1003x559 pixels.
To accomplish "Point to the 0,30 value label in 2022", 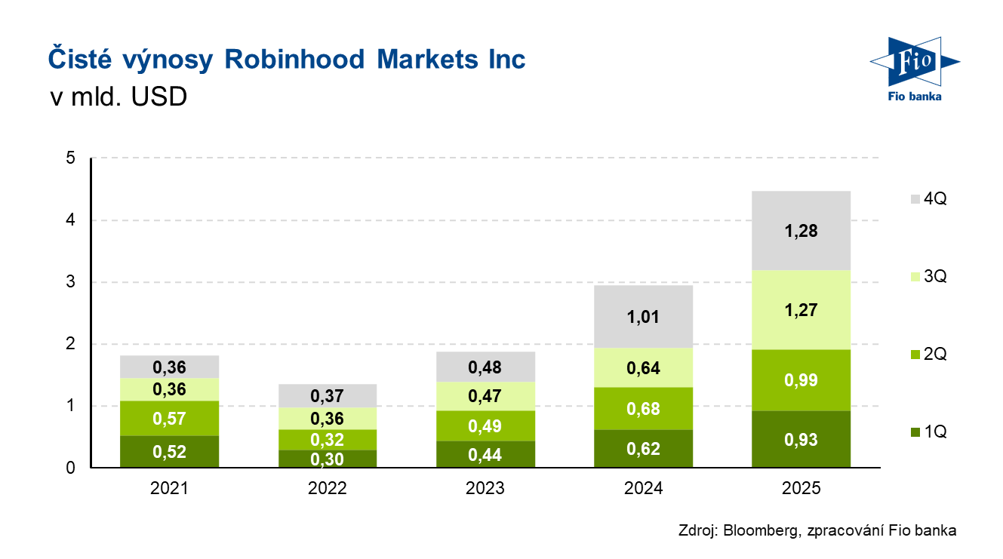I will pyautogui.click(x=328, y=459).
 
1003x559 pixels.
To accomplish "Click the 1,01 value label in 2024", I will pyautogui.click(x=643, y=317).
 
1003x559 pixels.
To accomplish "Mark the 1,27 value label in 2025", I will pyautogui.click(x=801, y=310).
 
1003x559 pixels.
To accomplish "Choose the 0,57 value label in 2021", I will pyautogui.click(x=169, y=418).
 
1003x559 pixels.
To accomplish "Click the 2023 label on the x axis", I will pyautogui.click(x=485, y=489).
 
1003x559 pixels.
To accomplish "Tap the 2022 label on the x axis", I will pyautogui.click(x=328, y=489).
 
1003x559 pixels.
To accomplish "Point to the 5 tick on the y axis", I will pyautogui.click(x=70, y=158).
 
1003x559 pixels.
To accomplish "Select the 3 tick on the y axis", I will pyautogui.click(x=70, y=282).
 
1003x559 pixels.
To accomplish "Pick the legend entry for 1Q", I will pyautogui.click(x=928, y=432).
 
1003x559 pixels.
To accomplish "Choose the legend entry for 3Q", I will pyautogui.click(x=928, y=277).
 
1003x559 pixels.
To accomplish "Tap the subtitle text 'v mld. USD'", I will pyautogui.click(x=118, y=97).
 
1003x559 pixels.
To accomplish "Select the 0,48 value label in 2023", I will pyautogui.click(x=485, y=367).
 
